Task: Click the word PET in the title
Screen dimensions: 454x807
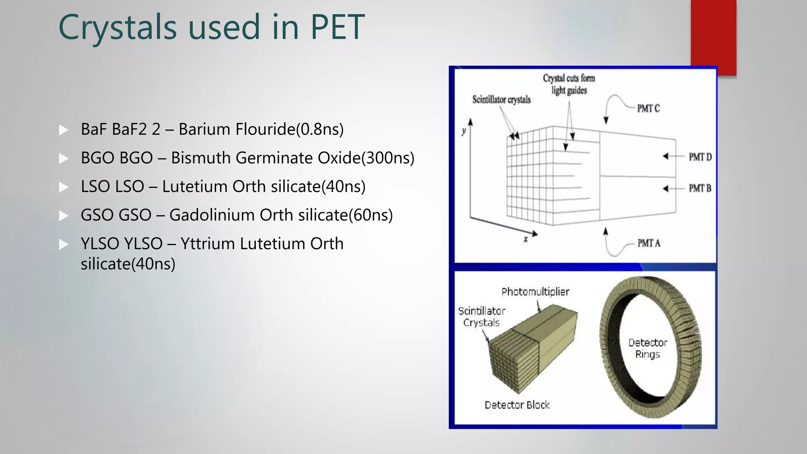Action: click(x=337, y=28)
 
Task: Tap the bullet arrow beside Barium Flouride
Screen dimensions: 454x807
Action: click(x=63, y=130)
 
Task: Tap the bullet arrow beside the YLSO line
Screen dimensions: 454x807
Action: click(x=63, y=244)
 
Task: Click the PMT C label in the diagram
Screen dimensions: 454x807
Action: click(x=648, y=108)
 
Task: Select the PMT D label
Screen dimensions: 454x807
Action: click(x=700, y=157)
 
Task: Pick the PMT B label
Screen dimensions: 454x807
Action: click(x=700, y=188)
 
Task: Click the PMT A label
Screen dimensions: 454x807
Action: click(x=649, y=244)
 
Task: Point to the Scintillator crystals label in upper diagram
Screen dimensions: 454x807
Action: click(x=501, y=100)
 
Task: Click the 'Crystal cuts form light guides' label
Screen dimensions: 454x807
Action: click(x=569, y=84)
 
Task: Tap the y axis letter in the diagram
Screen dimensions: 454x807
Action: click(x=464, y=132)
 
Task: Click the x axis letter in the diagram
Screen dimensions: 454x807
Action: click(x=525, y=239)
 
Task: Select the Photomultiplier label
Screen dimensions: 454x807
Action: click(x=535, y=292)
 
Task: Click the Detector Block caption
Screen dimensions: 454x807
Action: click(x=517, y=405)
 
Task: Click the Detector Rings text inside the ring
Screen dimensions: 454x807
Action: click(x=647, y=348)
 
